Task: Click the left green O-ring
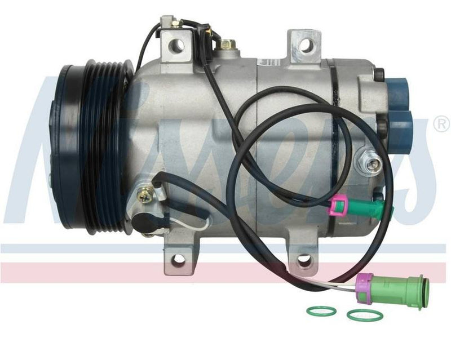321,310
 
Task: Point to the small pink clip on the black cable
339,205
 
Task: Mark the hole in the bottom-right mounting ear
304,260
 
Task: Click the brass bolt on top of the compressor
228,43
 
